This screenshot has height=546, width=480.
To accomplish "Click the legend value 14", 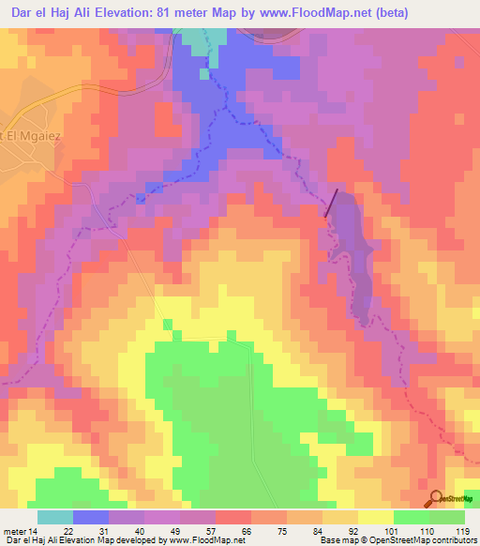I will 33,530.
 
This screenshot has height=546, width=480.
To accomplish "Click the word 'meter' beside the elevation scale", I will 13,530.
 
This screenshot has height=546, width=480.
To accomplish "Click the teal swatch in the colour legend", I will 54,517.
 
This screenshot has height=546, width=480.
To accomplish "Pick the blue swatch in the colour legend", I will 90,517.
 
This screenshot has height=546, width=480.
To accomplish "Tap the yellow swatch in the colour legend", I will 375,517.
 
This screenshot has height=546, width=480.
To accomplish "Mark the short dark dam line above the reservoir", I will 333,203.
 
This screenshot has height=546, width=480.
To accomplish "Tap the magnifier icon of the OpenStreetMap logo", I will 434,497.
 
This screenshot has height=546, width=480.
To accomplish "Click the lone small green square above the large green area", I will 168,325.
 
